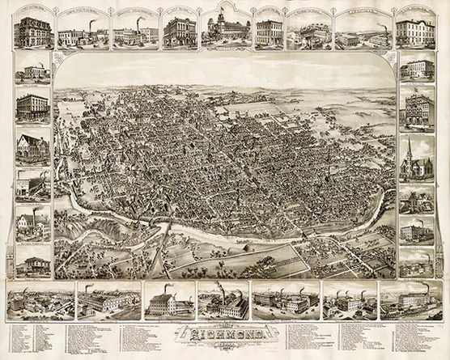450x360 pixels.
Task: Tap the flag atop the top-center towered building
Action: tap(224, 7)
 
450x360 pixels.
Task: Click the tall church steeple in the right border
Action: tap(413, 149)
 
